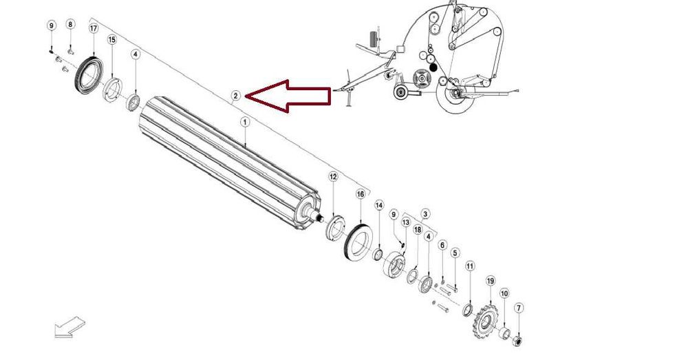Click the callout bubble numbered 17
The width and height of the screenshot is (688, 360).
[94, 28]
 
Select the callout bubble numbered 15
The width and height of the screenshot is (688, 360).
[112, 40]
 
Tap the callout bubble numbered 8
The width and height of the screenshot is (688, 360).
[70, 24]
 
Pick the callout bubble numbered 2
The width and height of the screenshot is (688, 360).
[236, 96]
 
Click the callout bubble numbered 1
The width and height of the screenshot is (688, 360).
[245, 122]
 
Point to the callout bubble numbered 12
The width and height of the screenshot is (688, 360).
[334, 177]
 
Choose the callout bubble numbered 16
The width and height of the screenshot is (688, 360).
[361, 194]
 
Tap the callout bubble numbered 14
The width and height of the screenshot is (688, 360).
[379, 205]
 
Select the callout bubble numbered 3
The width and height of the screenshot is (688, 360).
[424, 214]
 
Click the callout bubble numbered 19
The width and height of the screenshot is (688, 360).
[491, 281]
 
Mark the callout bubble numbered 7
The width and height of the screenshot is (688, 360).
[519, 308]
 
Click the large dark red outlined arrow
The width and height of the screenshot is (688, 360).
[288, 96]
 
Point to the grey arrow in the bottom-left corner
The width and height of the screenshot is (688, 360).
[69, 328]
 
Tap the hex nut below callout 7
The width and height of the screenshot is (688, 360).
[518, 341]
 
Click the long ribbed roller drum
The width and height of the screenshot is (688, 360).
[229, 163]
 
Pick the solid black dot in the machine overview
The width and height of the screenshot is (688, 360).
[433, 67]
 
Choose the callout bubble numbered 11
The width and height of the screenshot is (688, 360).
[470, 266]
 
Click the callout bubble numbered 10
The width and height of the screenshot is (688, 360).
[504, 293]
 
